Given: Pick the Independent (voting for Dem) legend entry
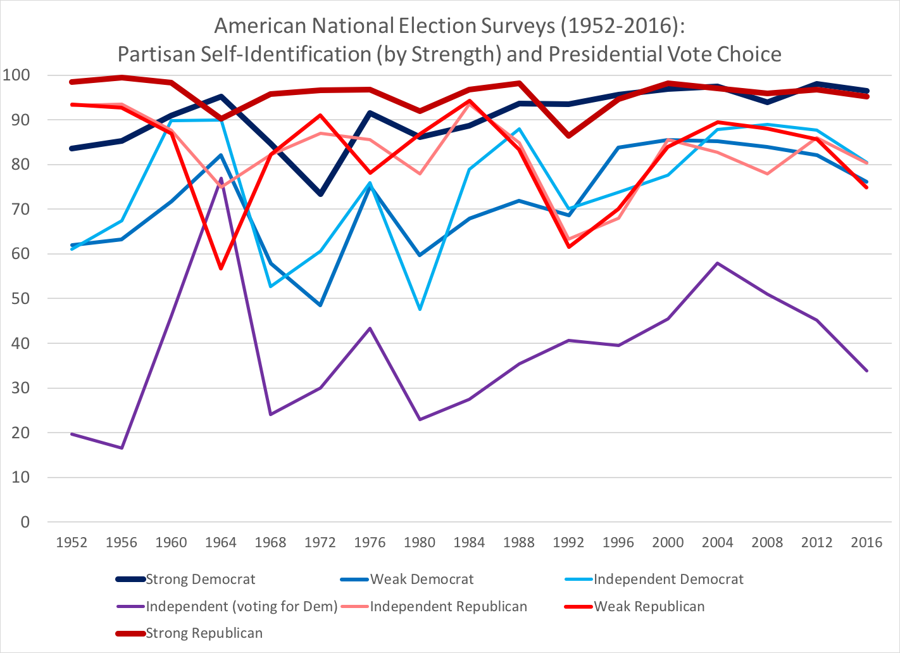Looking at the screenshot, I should (241, 606).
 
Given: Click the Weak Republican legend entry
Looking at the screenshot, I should (649, 606).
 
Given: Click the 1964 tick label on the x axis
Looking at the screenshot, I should (221, 542).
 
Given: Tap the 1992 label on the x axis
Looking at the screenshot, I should (568, 542).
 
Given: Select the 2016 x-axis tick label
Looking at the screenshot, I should (866, 542).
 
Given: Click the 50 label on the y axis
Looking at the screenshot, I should (20, 298).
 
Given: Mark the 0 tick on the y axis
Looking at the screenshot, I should (25, 522).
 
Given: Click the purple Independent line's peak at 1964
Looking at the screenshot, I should (221, 179).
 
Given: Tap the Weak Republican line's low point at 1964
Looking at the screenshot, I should (221, 269).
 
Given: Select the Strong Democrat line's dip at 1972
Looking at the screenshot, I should (320, 194).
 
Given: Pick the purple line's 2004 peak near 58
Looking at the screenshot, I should (717, 263).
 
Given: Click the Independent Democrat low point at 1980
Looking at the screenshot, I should (420, 309).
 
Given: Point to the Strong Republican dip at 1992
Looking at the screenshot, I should (568, 136).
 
